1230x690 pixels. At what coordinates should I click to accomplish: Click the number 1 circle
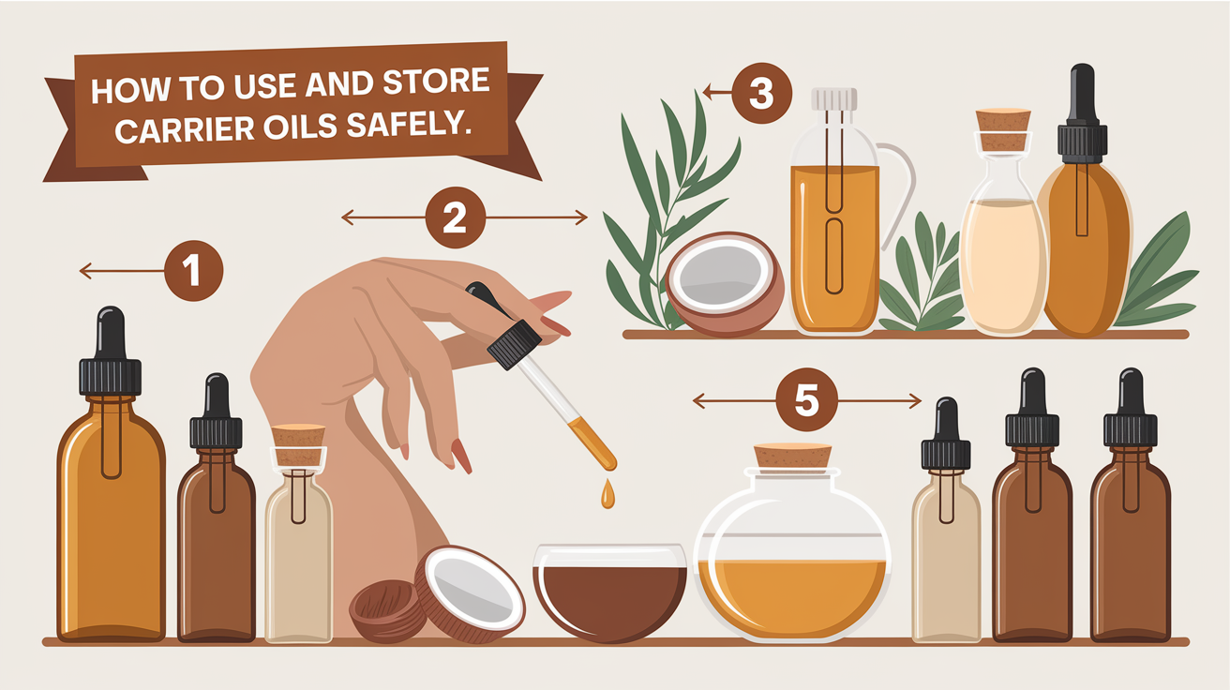193,271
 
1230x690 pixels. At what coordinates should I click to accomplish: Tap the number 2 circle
456,217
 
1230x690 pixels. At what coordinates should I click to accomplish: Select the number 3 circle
761,93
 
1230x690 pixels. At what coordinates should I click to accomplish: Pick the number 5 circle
806,399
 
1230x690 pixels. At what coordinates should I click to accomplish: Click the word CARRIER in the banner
185,130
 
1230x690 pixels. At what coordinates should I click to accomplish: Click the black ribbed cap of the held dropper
514,344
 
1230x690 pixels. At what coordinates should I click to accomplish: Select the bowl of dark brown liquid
609,592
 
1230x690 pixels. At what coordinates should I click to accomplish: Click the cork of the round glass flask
792,456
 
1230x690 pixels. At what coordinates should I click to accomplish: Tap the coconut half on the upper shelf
725,284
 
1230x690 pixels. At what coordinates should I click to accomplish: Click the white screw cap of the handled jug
834,99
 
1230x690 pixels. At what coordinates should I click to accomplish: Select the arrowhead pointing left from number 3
707,92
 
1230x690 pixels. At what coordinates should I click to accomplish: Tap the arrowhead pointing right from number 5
916,401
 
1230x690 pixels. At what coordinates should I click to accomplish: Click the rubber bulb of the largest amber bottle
111,333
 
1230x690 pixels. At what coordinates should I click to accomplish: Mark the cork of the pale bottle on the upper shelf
1003,129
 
